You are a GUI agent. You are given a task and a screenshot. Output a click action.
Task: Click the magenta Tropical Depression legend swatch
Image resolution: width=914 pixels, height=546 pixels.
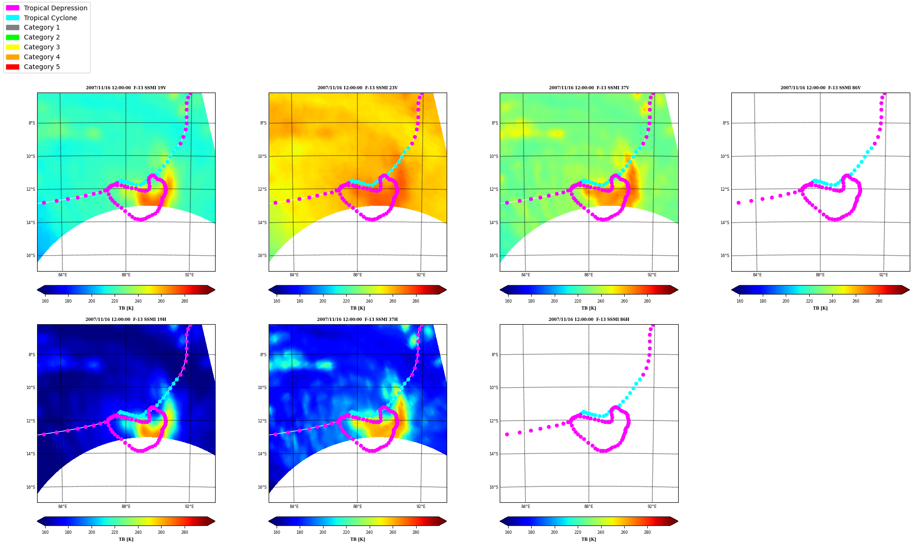tap(13, 8)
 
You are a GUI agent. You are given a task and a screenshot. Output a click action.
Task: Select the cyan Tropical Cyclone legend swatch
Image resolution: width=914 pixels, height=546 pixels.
tap(13, 18)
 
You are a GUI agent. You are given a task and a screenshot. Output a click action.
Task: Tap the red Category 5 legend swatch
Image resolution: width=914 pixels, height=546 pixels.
tap(13, 67)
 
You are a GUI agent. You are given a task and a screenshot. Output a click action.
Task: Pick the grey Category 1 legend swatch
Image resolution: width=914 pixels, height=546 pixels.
tap(13, 28)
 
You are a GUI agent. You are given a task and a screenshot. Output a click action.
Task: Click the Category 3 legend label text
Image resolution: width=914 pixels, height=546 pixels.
tap(42, 47)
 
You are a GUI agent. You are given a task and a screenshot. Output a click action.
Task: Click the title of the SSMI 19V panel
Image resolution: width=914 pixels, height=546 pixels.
tap(126, 88)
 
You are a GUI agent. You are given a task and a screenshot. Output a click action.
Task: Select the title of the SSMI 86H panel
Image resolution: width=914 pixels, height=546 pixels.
tap(589, 320)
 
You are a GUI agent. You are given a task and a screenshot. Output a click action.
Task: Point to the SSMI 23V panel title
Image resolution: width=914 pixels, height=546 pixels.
tap(357, 88)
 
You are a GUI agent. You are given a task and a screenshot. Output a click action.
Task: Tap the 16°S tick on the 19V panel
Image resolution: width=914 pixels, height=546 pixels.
tap(31, 256)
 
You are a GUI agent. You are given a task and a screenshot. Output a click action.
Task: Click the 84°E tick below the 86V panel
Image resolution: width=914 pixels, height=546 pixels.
tap(757, 275)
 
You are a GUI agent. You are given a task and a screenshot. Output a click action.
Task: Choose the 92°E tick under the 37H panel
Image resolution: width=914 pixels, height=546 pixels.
tap(421, 507)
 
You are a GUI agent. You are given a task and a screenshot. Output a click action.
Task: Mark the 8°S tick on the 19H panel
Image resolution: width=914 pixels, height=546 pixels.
tap(32, 355)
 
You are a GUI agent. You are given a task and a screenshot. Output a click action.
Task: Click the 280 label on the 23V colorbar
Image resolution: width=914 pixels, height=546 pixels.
tap(416, 301)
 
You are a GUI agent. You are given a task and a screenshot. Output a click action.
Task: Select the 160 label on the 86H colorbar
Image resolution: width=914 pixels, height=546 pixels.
tap(508, 532)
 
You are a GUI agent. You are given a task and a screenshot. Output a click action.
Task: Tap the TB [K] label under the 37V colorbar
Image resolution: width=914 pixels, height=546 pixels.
tap(589, 308)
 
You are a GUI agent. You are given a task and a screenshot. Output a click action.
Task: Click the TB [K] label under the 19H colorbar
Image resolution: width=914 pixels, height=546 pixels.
tap(126, 539)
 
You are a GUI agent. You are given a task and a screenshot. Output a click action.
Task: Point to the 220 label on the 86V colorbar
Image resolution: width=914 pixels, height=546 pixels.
tap(809, 301)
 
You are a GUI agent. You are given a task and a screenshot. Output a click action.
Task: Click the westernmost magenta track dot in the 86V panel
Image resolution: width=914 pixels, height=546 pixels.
tap(738, 203)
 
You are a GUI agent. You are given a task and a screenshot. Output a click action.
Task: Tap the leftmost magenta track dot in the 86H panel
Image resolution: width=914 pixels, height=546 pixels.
tap(507, 434)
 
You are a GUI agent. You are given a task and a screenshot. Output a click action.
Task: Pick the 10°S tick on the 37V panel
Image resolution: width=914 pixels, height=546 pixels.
tap(494, 156)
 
